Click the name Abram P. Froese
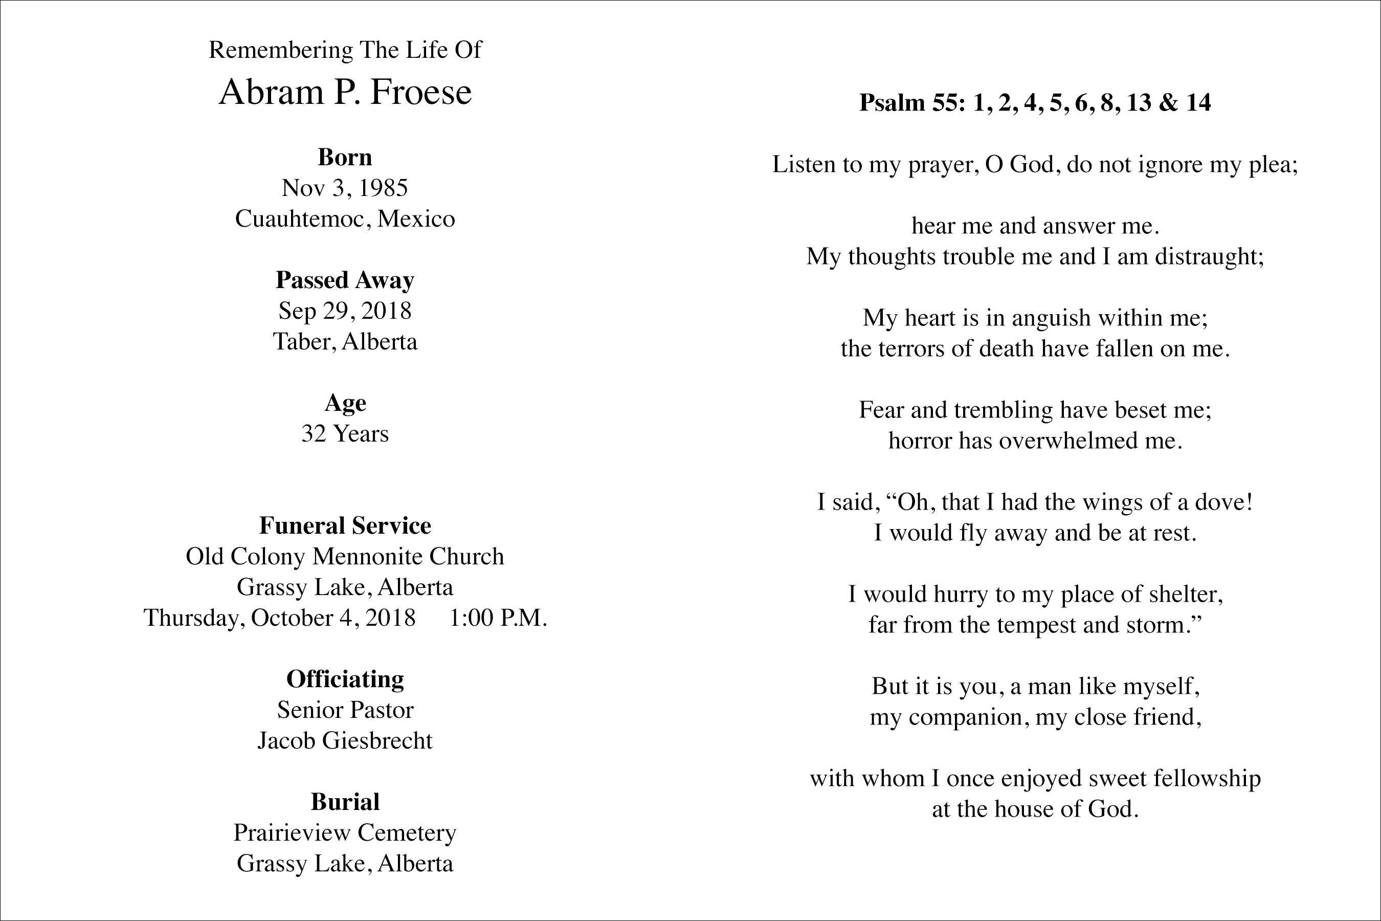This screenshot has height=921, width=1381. (x=345, y=92)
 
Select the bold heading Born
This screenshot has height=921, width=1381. (x=345, y=158)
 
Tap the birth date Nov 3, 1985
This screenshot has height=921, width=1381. (x=345, y=188)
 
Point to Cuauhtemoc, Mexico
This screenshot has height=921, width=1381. (x=345, y=218)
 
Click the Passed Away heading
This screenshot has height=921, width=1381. (x=345, y=280)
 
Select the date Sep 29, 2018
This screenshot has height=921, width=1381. (x=345, y=311)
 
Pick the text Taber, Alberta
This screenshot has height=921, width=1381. (x=345, y=341)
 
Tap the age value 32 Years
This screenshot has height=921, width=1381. (x=345, y=433)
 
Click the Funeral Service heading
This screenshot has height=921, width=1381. (x=345, y=525)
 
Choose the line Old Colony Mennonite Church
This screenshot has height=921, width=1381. (x=345, y=556)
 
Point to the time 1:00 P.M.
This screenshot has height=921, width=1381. (x=498, y=618)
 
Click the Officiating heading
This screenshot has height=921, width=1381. (x=345, y=679)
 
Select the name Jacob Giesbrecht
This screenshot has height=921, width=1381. (x=345, y=741)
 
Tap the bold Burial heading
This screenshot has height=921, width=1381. (x=345, y=802)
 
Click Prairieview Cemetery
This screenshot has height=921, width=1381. (x=345, y=833)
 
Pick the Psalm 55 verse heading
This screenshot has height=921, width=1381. (x=1035, y=103)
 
